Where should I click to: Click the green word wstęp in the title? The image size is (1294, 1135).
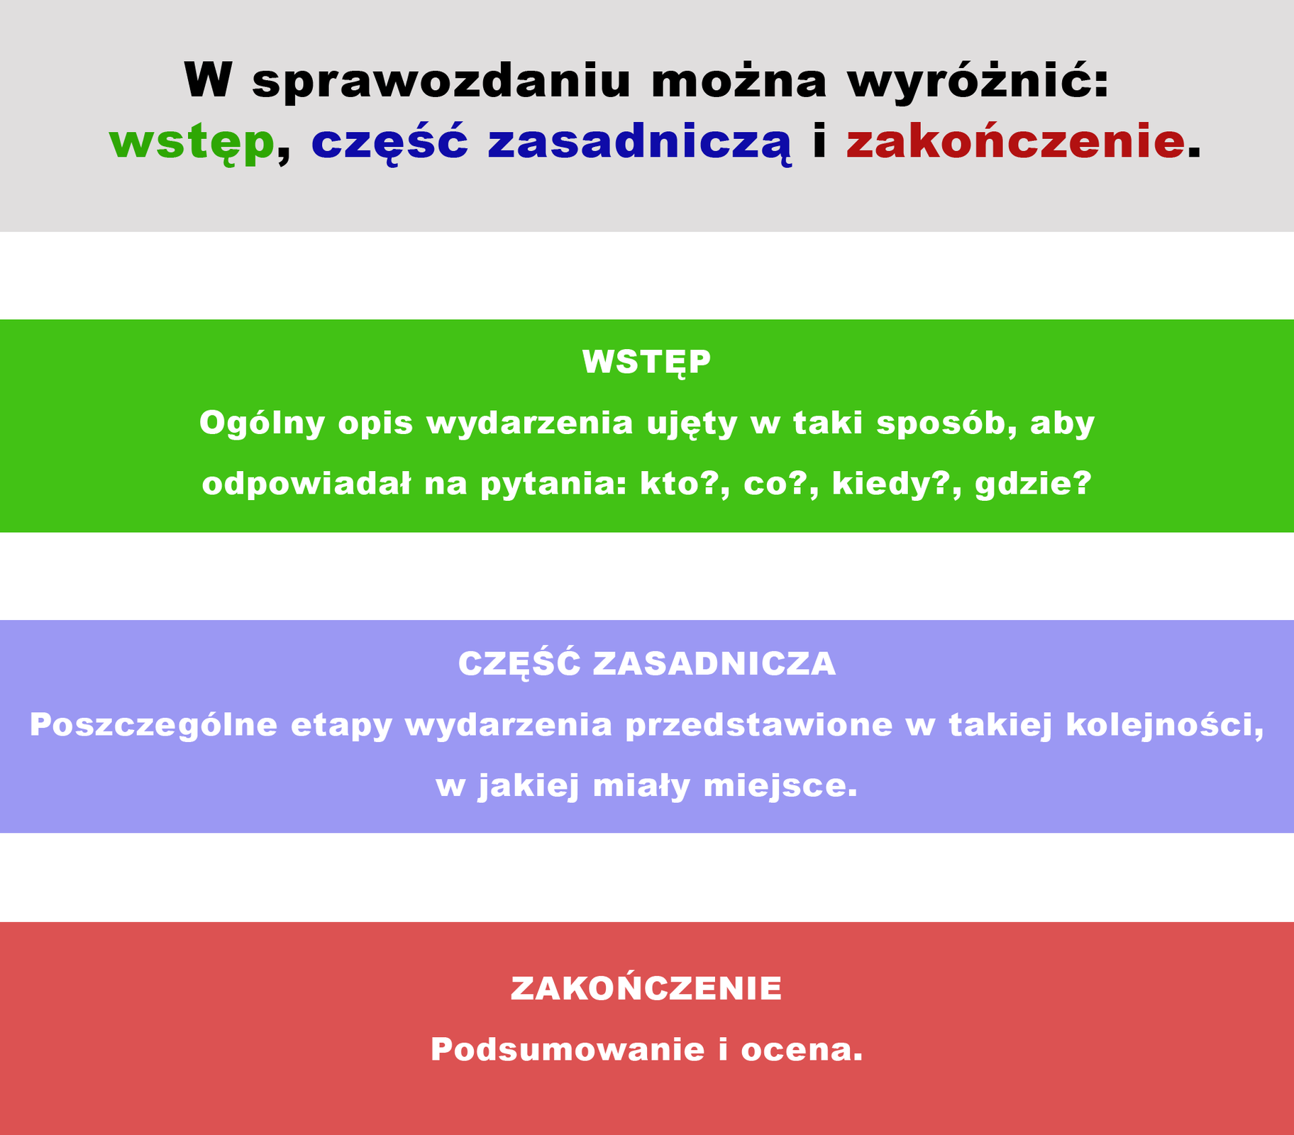[192, 143]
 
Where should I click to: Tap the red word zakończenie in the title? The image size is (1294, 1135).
[1015, 141]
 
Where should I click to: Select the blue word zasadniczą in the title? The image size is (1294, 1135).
[639, 143]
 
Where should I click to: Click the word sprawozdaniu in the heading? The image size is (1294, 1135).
[441, 81]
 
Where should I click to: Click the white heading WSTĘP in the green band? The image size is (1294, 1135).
[646, 362]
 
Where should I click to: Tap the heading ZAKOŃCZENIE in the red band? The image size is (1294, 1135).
[646, 988]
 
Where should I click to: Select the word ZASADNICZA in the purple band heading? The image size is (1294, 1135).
[714, 664]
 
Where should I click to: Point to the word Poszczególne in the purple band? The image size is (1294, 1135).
[153, 725]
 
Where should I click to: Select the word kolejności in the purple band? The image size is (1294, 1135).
[1162, 725]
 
